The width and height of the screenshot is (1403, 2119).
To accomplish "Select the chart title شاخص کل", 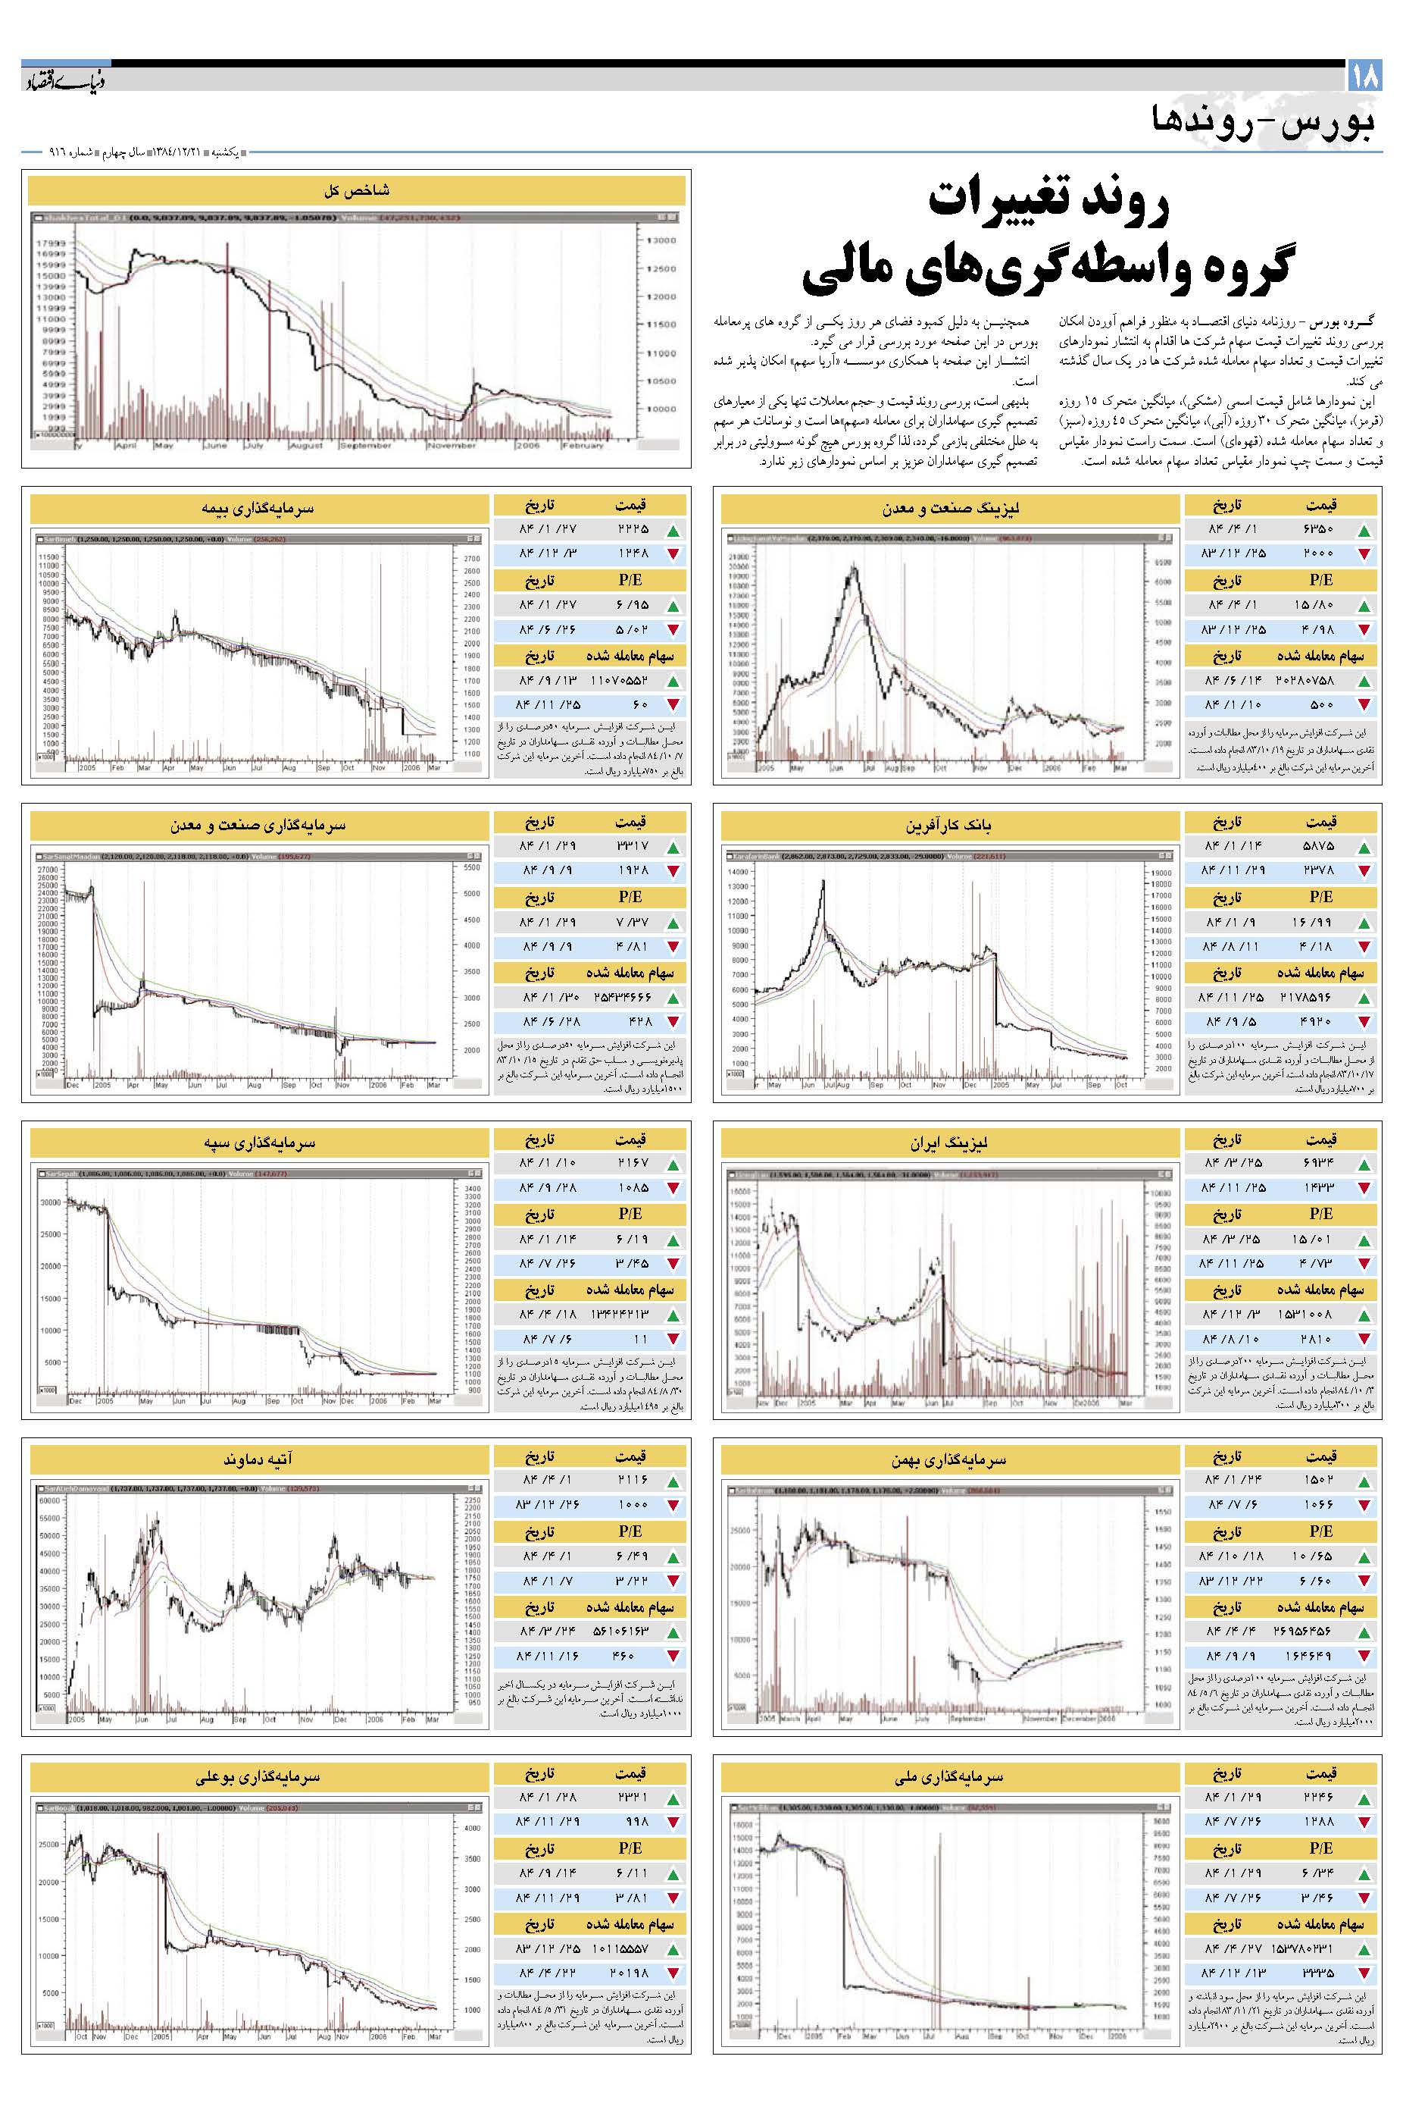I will coord(356,191).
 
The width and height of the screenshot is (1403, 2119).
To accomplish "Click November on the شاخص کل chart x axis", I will coord(452,445).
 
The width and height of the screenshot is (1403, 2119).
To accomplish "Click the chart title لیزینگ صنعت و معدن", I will coord(950,509).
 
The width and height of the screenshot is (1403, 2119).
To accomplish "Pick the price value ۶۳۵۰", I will coord(1319,529).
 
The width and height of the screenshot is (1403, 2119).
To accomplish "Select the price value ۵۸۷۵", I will coord(1319,846).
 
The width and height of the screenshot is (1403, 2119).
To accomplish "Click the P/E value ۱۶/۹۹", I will coord(1319,922).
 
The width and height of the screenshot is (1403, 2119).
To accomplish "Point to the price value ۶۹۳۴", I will coord(1319,1164).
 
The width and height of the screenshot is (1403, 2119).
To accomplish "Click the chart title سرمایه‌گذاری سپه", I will coord(260,1143).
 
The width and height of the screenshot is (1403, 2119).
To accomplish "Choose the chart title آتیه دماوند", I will coord(260,1460).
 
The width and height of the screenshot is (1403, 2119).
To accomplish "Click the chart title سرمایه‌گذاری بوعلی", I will coord(260,1777).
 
